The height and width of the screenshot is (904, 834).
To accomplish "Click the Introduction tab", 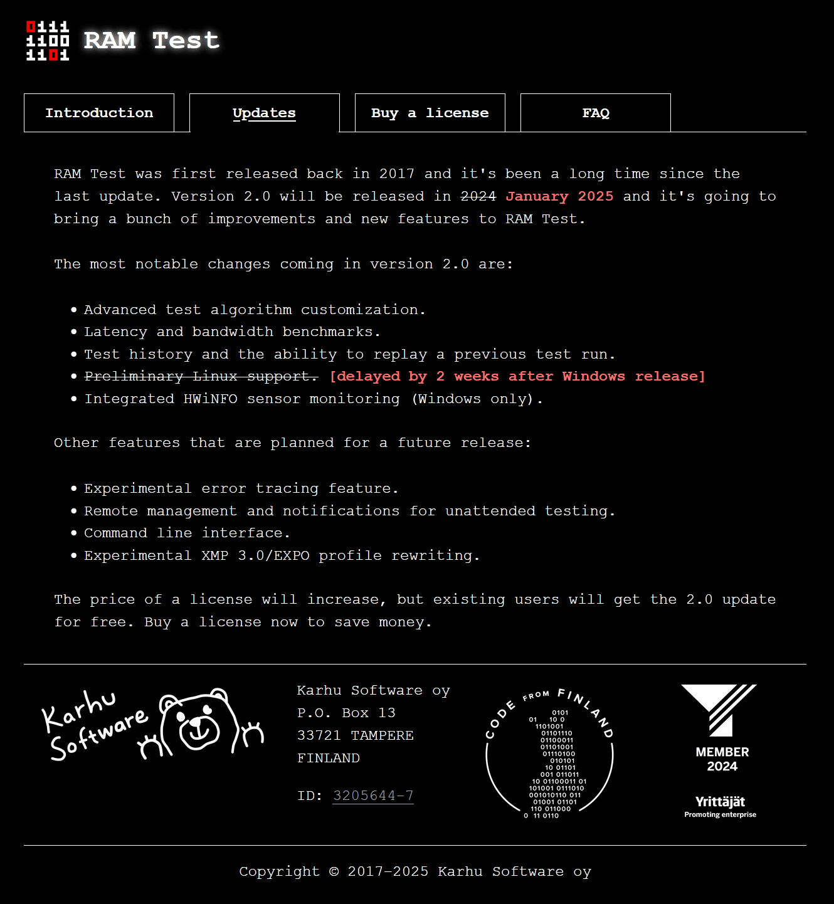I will click(x=99, y=113).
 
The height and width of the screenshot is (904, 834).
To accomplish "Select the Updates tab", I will click(x=264, y=113).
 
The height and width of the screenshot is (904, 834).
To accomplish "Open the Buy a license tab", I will click(x=430, y=113).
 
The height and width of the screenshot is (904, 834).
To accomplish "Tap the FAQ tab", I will click(x=596, y=113).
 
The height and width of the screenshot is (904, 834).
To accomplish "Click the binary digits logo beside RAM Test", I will click(x=48, y=41).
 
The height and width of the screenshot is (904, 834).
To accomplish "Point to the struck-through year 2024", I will click(x=478, y=196).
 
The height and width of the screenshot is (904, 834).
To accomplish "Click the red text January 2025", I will click(x=559, y=196).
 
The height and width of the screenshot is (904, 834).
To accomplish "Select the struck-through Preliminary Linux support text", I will click(x=201, y=376).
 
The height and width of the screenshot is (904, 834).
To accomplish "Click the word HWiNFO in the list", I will click(x=210, y=399).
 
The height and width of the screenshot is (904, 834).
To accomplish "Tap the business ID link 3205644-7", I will click(x=373, y=796).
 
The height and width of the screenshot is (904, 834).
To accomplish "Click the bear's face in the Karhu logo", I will click(x=199, y=727).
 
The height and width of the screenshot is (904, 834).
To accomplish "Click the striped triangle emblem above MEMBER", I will click(x=720, y=708).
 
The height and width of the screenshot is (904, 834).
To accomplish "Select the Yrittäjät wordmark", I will click(x=720, y=802).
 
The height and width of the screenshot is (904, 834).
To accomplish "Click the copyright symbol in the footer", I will click(x=334, y=871).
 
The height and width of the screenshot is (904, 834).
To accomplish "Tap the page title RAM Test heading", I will click(x=151, y=41).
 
